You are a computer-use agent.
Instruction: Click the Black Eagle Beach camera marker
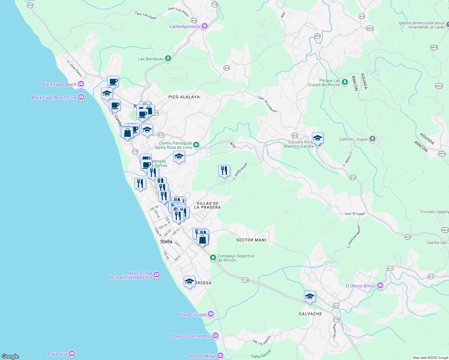(81, 84)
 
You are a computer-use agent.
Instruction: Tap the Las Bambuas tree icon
(168, 58)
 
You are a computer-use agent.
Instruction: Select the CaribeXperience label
(185, 26)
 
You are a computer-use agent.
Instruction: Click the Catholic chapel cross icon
(372, 139)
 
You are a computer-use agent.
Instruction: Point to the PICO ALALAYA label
(184, 97)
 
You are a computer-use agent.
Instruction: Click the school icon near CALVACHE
(310, 297)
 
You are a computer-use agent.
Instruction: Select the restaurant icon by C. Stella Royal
(224, 171)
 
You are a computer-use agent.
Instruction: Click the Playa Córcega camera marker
(211, 314)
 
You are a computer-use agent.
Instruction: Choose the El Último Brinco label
(360, 286)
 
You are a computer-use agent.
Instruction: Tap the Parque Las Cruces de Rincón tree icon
(345, 82)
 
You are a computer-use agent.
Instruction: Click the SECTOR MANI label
(251, 240)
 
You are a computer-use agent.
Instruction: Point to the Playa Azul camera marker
(72, 354)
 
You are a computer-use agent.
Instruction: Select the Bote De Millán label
(202, 356)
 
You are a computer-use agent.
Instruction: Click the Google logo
(10, 356)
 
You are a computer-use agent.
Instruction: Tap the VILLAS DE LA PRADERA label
(207, 205)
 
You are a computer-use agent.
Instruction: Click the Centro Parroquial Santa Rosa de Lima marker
(196, 145)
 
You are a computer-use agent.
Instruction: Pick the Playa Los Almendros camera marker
(215, 336)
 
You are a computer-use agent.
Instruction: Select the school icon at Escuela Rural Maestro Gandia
(318, 138)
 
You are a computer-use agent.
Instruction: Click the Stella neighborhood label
(166, 241)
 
